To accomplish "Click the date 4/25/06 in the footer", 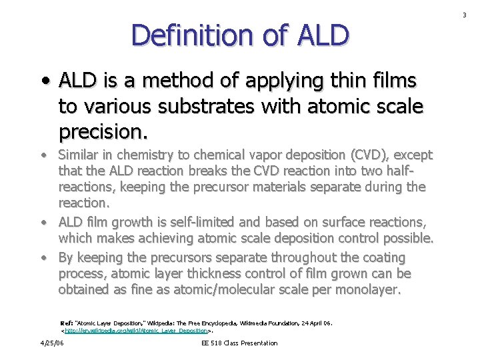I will pyautogui.click(x=51, y=343).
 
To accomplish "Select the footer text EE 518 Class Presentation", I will pyautogui.click(x=239, y=343).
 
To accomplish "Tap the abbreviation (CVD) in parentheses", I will pyautogui.click(x=373, y=155).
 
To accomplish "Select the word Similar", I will pyautogui.click(x=81, y=155).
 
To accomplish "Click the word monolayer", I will pyautogui.click(x=366, y=290).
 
